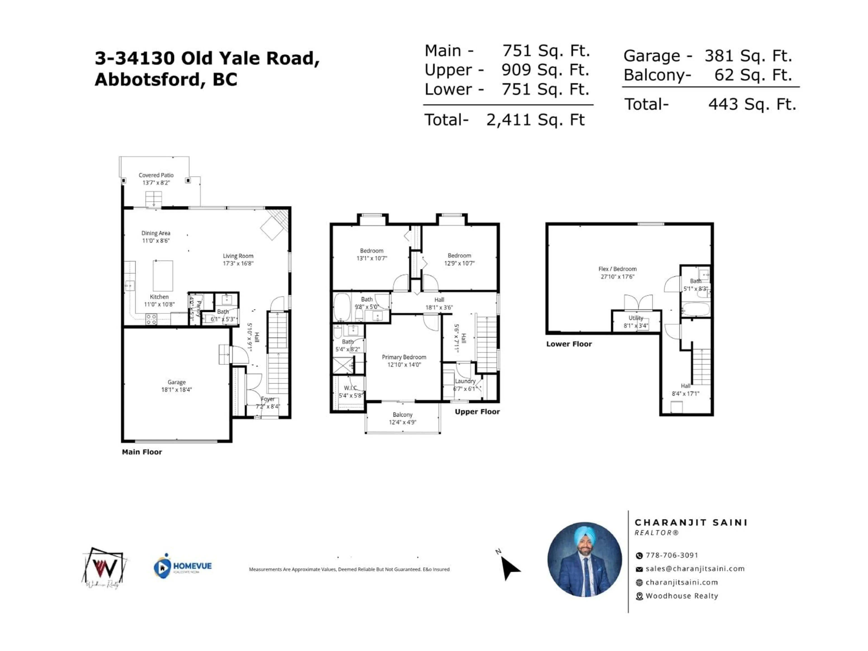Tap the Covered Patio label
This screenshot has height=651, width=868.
pyautogui.click(x=156, y=175)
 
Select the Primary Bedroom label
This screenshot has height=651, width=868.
pyautogui.click(x=404, y=357)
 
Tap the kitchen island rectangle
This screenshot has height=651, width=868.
pyautogui.click(x=163, y=276)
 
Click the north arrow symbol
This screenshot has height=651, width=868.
pyautogui.click(x=509, y=567)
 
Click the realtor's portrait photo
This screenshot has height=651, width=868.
pyautogui.click(x=584, y=559)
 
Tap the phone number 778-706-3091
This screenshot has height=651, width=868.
pyautogui.click(x=672, y=555)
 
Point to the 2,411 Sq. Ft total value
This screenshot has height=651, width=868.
pyautogui.click(x=536, y=120)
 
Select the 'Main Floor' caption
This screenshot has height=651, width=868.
pyautogui.click(x=142, y=452)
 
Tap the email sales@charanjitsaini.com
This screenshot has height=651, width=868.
pyautogui.click(x=695, y=568)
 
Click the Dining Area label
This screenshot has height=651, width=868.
pyautogui.click(x=156, y=233)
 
